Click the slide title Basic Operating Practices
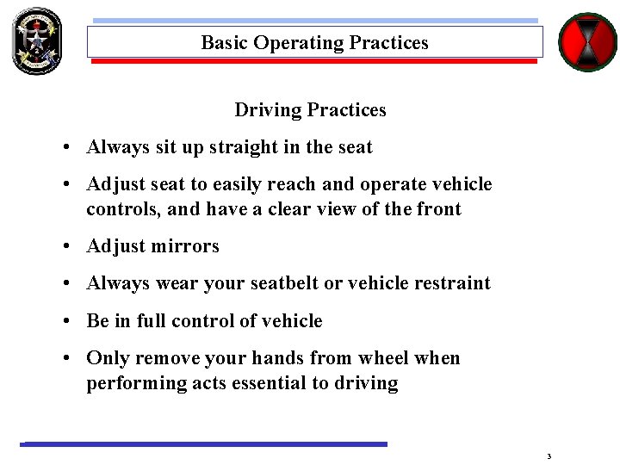click(x=314, y=42)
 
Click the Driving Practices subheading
click(x=310, y=110)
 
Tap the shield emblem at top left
click(x=36, y=40)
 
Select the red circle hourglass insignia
click(x=587, y=41)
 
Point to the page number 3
click(x=549, y=456)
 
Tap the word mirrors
click(x=185, y=246)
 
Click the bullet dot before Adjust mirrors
click(x=66, y=247)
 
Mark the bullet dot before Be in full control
click(x=66, y=321)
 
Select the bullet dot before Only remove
click(x=66, y=358)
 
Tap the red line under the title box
click(x=314, y=62)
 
